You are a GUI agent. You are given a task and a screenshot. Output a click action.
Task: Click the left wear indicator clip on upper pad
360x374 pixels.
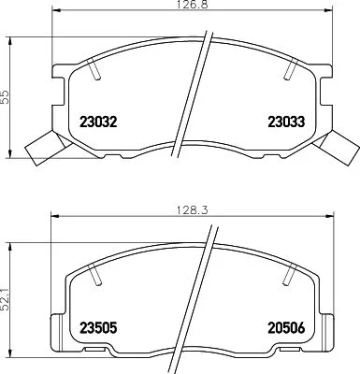[39, 146]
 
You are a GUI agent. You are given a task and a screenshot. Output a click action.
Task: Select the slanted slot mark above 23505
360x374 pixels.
[96, 274]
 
